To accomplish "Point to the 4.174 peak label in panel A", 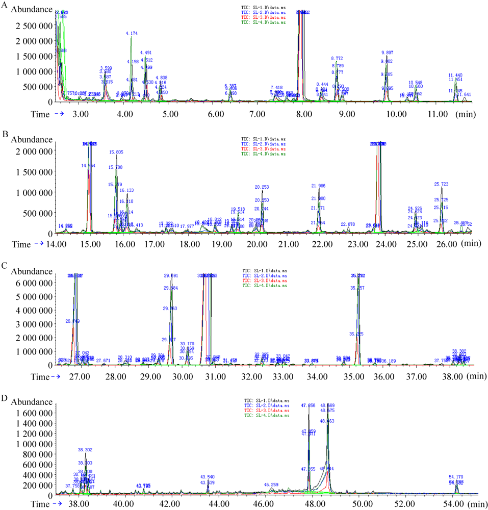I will pos(132,34).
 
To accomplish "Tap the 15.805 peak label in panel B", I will pos(116,152).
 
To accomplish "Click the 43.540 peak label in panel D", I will pos(208,477).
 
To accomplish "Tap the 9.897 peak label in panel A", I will pos(387,53).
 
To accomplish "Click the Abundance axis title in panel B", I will pos(32,139).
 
